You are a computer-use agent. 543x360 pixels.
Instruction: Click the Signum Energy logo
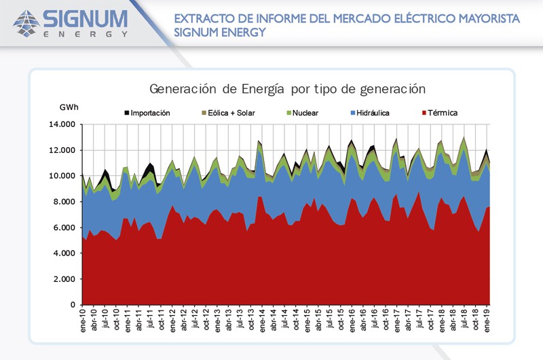pyautogui.click(x=70, y=22)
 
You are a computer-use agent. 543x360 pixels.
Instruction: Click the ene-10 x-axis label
pyautogui.click(x=83, y=320)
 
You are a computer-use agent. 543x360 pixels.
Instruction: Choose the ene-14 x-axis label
pyautogui.click(x=262, y=320)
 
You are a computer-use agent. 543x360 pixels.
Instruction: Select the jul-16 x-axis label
pyautogui.click(x=374, y=320)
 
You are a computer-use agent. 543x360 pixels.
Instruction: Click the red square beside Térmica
pyautogui.click(x=425, y=112)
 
